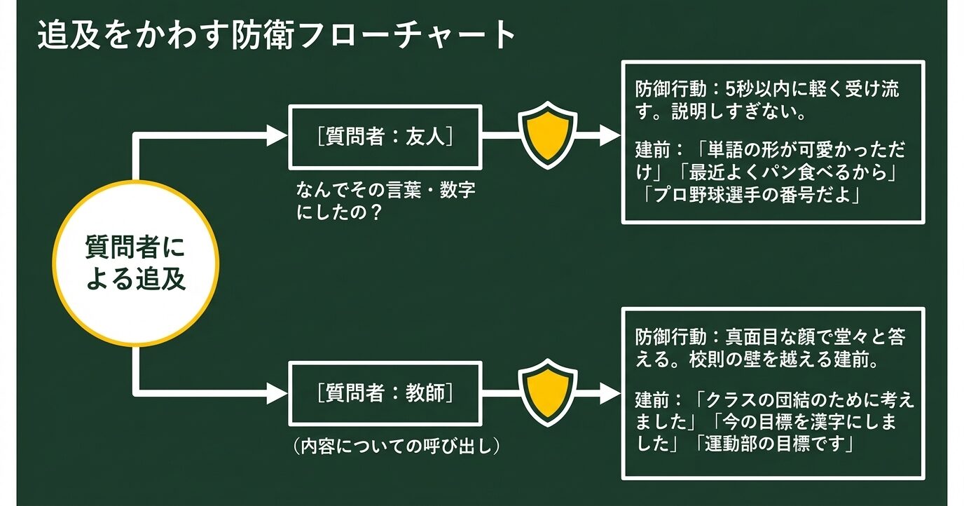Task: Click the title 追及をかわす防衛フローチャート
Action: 277,36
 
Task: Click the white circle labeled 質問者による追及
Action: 136,264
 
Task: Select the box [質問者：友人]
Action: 385,136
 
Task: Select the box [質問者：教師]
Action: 385,393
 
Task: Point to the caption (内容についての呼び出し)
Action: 397,446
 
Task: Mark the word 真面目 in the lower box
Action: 745,337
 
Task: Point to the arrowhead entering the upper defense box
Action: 610,136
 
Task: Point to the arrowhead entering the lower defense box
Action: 610,393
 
